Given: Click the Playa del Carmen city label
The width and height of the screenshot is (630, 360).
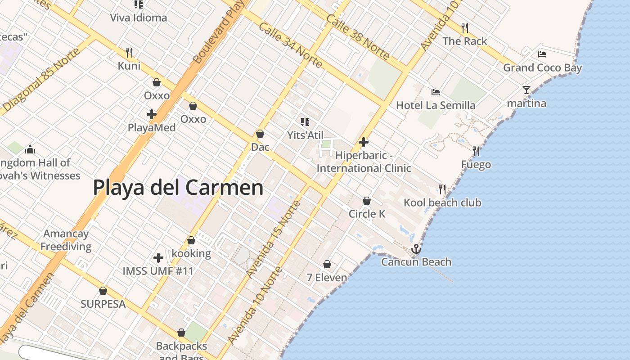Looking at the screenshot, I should [x=178, y=187].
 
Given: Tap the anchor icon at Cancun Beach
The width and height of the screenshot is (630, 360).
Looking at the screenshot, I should [x=416, y=249].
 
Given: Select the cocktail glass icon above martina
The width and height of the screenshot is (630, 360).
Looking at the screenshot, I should [x=526, y=90].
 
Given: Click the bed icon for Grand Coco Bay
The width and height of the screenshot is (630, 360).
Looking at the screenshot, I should [x=542, y=54].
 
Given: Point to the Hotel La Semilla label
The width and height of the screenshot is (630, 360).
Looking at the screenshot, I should [x=436, y=105].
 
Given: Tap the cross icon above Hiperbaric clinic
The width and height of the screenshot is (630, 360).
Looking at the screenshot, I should [x=364, y=143].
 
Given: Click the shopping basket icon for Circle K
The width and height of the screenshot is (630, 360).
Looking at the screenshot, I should [x=367, y=201].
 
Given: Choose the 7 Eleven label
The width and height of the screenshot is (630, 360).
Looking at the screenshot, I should [x=327, y=278].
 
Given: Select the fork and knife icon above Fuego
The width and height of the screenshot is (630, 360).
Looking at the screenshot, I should [x=476, y=151].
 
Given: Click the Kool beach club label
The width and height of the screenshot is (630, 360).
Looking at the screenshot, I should [x=442, y=202].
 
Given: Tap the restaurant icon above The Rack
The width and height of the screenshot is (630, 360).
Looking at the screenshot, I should [x=465, y=28].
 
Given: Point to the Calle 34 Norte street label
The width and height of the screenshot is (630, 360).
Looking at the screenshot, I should [x=290, y=45].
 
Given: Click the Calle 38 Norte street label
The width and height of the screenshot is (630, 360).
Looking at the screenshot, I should [x=358, y=37].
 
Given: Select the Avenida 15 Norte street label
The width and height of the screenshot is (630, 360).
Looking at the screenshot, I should [x=274, y=238].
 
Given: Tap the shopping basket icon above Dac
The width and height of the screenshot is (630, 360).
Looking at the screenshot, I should [x=260, y=134].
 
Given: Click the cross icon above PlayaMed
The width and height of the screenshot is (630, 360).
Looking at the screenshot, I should [x=152, y=114].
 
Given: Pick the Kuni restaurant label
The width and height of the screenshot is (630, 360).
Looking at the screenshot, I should [x=129, y=66].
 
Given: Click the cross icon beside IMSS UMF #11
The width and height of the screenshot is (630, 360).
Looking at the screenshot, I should [x=158, y=258].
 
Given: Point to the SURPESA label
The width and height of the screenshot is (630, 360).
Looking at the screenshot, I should [x=103, y=304].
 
